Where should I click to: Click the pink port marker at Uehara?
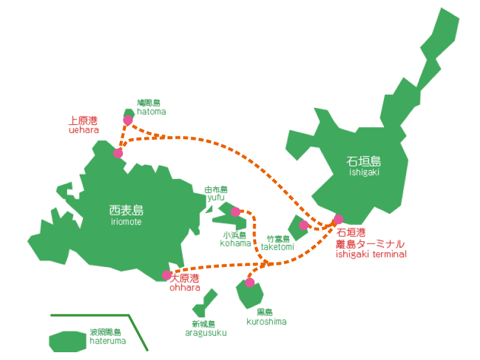[x=118, y=153]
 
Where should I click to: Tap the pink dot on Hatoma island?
[x=128, y=120]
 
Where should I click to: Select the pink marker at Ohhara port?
[x=167, y=275]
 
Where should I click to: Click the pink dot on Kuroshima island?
[x=250, y=283]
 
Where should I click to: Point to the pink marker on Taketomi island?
[x=304, y=225]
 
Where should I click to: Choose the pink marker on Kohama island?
[x=236, y=212]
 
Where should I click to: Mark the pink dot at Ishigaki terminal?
[x=338, y=220]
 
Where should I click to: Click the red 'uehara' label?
[x=83, y=130]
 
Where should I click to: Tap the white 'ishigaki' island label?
[x=364, y=172]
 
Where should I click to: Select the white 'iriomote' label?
[x=126, y=222]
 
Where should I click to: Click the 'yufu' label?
[x=215, y=197]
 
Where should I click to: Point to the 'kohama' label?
[x=235, y=244]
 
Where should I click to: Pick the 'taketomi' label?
[x=277, y=247]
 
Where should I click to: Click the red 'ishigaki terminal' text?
[x=370, y=254]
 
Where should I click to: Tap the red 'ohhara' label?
[x=184, y=288]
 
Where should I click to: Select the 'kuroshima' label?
[x=266, y=322]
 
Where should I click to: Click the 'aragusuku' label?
[x=205, y=333]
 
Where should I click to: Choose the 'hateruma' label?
[x=107, y=341]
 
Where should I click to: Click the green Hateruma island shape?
[x=67, y=341]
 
